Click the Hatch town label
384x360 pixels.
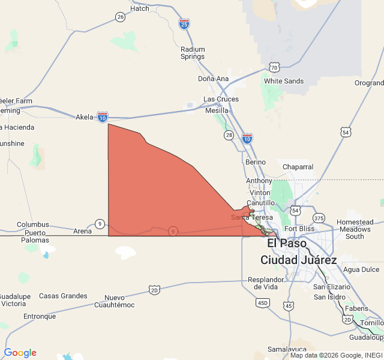[x=140, y=8]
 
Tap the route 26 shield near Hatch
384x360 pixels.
[x=121, y=17]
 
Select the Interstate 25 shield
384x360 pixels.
[x=184, y=23]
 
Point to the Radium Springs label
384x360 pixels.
[x=193, y=53]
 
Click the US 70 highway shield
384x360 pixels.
[x=274, y=67]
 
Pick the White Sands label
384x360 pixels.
[x=284, y=81]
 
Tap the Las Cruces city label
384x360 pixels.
[x=221, y=99]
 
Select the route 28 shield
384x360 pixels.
[x=229, y=135]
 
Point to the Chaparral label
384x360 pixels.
[x=298, y=167]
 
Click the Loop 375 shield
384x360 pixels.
[x=319, y=218]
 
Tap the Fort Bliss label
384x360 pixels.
[x=299, y=229]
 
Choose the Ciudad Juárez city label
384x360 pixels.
[x=298, y=260]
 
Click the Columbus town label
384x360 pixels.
[x=33, y=224]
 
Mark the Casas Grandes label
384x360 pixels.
[x=63, y=296]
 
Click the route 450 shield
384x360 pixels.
[x=262, y=303]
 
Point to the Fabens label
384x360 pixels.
[x=356, y=309]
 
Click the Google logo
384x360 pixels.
[x=20, y=353]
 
